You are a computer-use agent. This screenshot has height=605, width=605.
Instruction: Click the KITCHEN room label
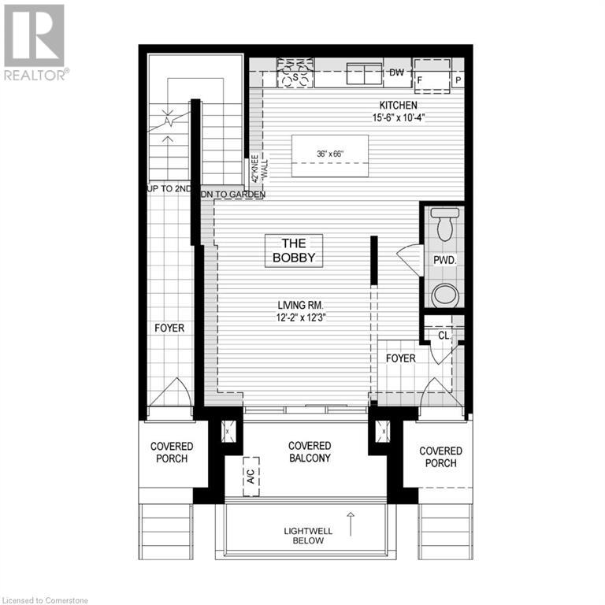point(398,106)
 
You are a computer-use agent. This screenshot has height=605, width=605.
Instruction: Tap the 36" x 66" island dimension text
point(329,154)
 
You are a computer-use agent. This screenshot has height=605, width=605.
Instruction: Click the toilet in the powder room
point(444,226)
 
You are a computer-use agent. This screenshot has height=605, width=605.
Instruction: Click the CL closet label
point(444,335)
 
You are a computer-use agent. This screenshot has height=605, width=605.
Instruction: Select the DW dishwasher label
point(397,73)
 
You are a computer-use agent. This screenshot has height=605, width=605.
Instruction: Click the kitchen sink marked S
point(295,77)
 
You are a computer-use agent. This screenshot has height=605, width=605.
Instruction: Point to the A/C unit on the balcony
point(251,476)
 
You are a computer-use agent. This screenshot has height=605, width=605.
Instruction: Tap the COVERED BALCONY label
point(310,451)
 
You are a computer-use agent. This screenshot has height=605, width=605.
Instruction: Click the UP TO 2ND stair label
point(169,189)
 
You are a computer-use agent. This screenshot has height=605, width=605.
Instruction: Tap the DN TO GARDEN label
point(233,194)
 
